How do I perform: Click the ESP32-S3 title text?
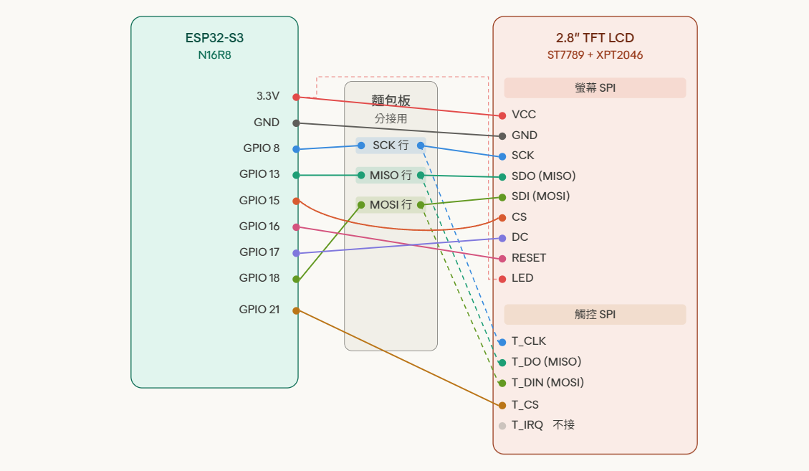pos(214,38)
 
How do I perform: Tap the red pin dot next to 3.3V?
pos(296,97)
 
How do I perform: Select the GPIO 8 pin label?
pos(262,148)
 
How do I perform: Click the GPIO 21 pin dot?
pos(296,310)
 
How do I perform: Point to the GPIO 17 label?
pos(259,252)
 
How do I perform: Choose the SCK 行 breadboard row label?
pos(391,146)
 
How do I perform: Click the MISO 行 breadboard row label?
pos(391,175)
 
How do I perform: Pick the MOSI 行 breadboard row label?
pos(391,205)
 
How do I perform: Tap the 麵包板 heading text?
pos(391,100)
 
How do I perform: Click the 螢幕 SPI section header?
pos(595,88)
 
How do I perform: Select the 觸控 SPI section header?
pos(595,315)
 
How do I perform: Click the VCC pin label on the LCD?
pos(524,115)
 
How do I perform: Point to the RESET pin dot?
pos(502,259)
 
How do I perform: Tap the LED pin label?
pos(522,278)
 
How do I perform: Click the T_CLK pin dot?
pos(502,342)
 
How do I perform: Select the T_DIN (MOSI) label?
pos(547,383)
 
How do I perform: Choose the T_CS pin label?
pos(525,405)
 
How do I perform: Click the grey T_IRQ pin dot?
pos(502,426)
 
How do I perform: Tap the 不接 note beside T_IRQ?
pos(564,425)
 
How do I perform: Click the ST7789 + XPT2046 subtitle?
pos(595,55)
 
